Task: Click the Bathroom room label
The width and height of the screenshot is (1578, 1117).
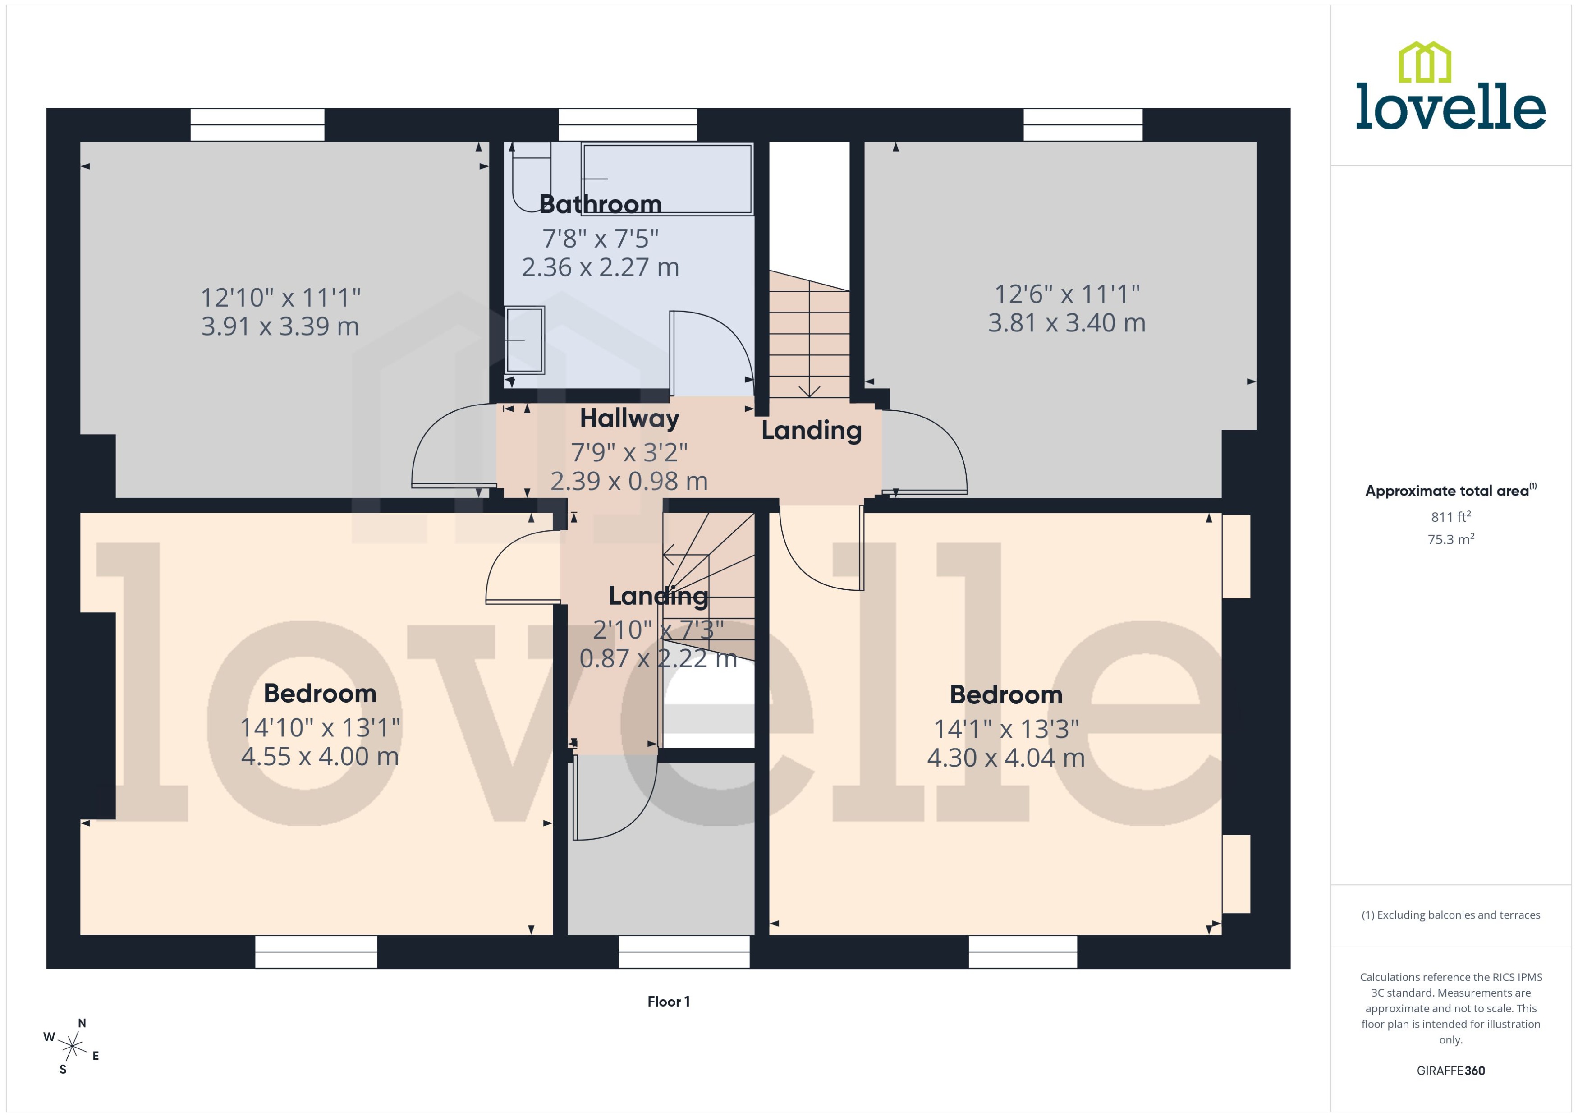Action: click(600, 204)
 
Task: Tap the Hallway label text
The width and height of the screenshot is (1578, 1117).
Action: click(628, 418)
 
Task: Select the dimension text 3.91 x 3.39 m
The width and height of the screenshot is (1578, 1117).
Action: click(280, 326)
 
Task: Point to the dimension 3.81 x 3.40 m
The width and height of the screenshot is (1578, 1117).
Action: click(1066, 322)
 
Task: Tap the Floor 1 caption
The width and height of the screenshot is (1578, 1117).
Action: click(668, 1002)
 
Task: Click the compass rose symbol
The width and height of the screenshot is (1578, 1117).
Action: click(72, 1047)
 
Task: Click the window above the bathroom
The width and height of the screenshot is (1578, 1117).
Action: click(627, 124)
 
